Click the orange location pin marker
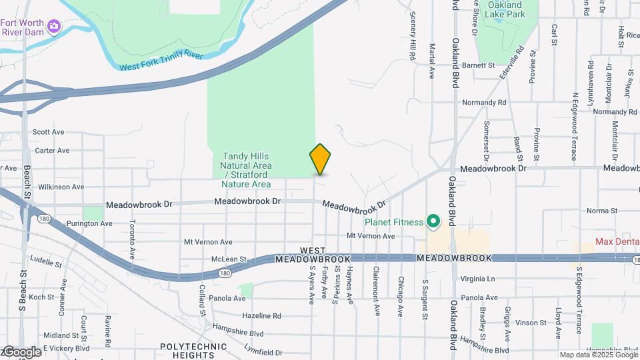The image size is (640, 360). [x=320, y=159]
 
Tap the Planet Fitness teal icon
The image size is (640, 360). [x=433, y=221]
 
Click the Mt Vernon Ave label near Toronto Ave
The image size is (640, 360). [x=208, y=242]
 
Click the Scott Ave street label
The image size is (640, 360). [x=48, y=132]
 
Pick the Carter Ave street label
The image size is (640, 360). [x=52, y=151]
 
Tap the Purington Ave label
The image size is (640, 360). [x=89, y=223]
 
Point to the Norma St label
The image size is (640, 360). [x=603, y=211]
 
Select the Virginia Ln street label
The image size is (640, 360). [x=478, y=279]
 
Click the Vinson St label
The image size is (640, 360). [x=531, y=323]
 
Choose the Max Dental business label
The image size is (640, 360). [x=617, y=241]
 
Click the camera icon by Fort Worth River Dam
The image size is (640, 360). [x=53, y=26]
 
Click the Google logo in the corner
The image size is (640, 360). [x=21, y=351]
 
